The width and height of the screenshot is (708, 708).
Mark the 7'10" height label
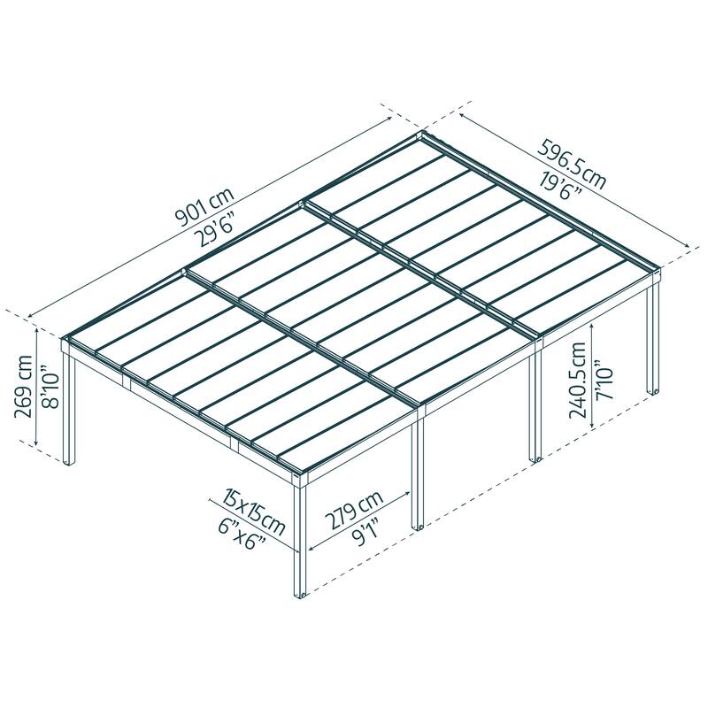coord(604,381)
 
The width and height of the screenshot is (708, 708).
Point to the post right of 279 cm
coord(419,469)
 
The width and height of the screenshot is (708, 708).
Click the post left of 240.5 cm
coord(535,398)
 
